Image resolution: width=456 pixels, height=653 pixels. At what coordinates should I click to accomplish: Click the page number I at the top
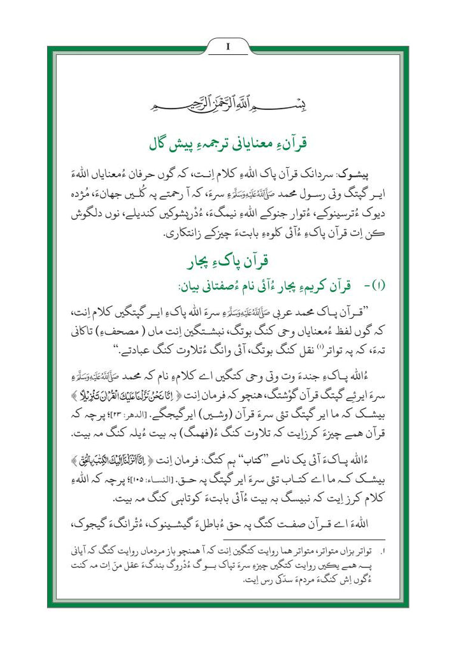pyautogui.click(x=227, y=47)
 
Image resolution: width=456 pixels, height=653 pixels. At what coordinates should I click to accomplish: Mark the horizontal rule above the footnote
pyautogui.click(x=227, y=541)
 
